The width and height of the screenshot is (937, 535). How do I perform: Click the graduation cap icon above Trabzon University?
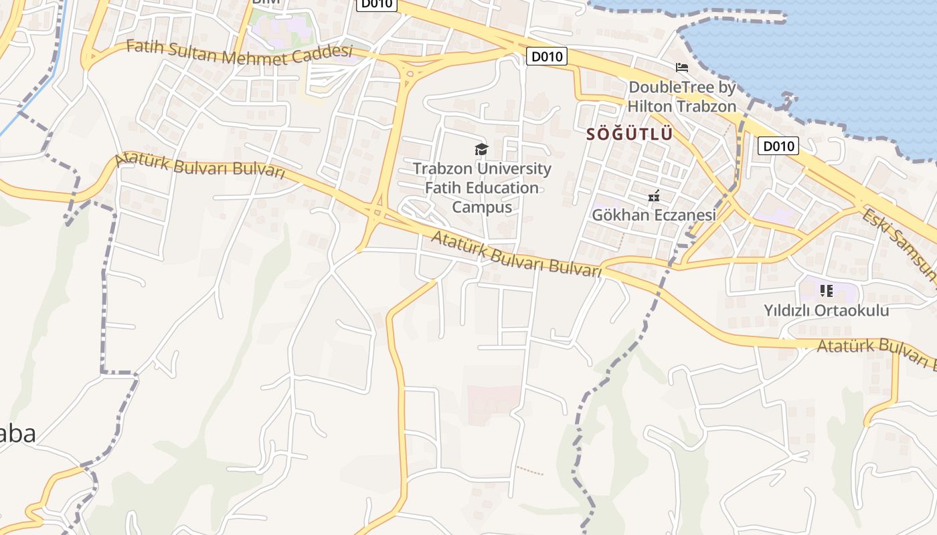481,149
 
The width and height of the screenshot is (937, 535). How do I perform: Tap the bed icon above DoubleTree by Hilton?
682,68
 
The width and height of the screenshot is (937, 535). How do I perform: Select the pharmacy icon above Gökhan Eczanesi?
654,196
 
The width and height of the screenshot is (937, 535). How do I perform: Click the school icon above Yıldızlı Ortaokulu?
827,290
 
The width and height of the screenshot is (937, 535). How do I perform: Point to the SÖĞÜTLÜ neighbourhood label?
629,134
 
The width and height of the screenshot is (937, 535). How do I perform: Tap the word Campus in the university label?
482,207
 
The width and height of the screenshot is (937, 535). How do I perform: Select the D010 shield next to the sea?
778,146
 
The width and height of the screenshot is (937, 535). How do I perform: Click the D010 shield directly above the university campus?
547,56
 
